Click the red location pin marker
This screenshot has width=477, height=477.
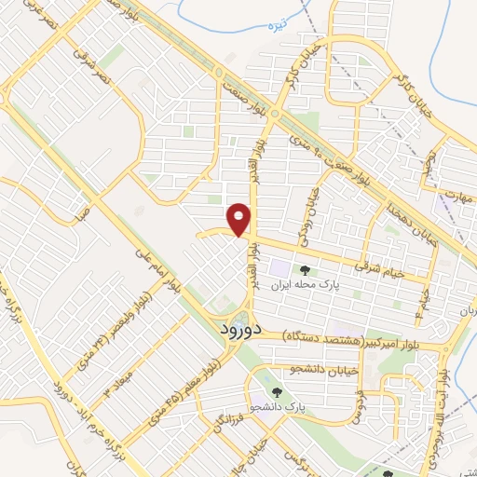pyautogui.click(x=241, y=218)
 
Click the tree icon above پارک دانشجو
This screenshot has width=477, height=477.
pyautogui.click(x=279, y=392)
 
